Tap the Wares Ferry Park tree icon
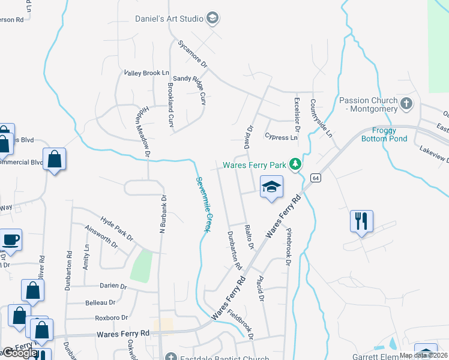coord(295,164)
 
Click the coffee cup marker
coord(11,240)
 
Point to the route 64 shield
coord(315,178)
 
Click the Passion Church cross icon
coord(406,104)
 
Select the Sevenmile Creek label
coord(202,204)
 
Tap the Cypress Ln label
coord(281,137)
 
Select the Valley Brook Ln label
coord(146,73)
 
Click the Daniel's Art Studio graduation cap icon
coord(212,19)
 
